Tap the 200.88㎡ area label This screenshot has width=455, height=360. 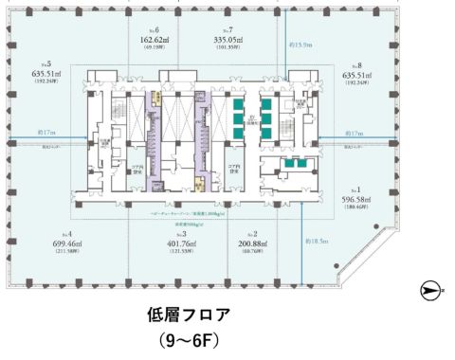point(255,243)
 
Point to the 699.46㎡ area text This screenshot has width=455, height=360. point(64,243)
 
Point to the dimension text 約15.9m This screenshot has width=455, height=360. point(301,46)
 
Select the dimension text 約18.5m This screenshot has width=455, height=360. point(316,242)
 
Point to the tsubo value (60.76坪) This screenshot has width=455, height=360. point(255,252)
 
